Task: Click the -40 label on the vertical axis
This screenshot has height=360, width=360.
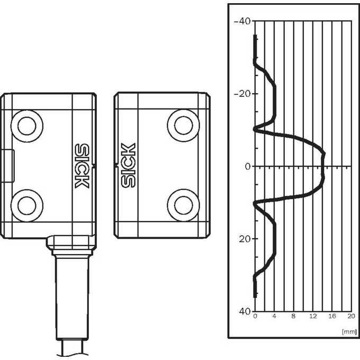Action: (242, 21)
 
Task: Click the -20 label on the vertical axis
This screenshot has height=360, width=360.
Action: (242, 94)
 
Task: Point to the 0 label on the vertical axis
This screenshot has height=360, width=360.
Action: (248, 166)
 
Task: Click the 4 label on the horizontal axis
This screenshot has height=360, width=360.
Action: (274, 316)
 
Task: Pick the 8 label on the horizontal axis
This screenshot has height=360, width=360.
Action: (293, 316)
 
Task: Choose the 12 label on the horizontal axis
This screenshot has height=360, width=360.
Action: (313, 316)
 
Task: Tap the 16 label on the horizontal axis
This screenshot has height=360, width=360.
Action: (332, 316)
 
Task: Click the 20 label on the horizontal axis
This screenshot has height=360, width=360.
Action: (352, 316)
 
